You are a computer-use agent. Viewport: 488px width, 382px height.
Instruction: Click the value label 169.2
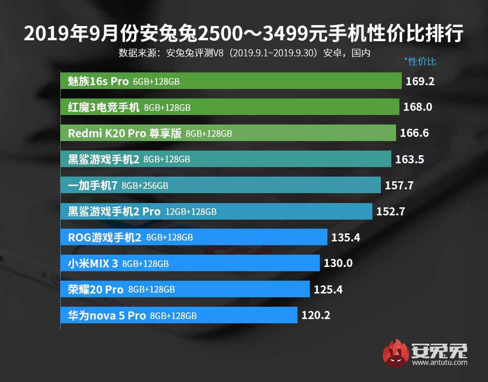coord(420,81)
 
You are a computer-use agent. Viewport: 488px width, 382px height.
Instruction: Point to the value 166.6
coord(414,133)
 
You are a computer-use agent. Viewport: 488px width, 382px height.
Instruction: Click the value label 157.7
coord(399,185)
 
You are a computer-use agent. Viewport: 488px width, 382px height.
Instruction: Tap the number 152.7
coord(390,211)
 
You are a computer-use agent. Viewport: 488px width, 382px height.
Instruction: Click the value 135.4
coord(345,237)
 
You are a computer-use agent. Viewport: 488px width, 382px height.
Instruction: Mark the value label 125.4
coord(328,289)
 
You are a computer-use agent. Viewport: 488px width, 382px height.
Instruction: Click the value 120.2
coord(316,315)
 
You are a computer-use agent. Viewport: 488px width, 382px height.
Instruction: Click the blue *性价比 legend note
coord(420,62)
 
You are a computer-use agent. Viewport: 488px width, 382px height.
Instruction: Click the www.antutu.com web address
coord(440,363)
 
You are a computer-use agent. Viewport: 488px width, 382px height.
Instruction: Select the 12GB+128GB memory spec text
coord(191,212)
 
